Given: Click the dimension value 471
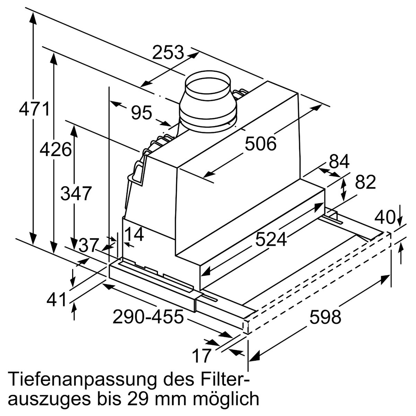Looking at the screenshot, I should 34,110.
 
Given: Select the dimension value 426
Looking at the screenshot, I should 55,150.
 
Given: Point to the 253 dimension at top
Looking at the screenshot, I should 168,53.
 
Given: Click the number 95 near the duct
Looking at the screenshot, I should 142,113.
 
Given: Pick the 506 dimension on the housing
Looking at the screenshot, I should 261,144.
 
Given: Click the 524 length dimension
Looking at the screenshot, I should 271,239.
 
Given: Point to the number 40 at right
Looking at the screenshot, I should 385,217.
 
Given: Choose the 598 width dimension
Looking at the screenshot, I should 325,317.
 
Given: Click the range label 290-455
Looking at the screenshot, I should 148,317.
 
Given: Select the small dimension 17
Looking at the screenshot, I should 201,355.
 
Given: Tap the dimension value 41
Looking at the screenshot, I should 56,300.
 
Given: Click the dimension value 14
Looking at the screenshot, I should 134,235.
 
